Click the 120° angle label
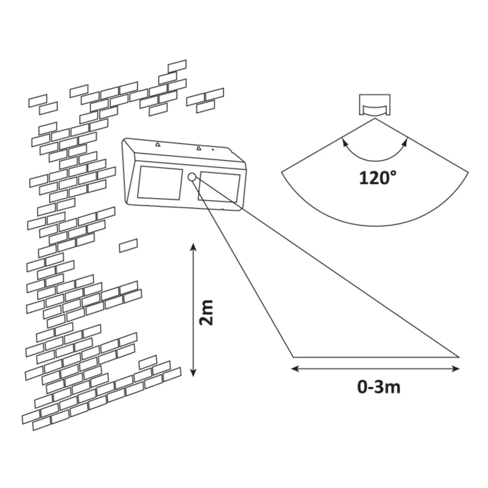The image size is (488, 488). pyautogui.click(x=378, y=178)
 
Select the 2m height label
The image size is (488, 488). pyautogui.click(x=207, y=313)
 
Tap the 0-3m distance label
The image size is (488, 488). pyautogui.click(x=379, y=387)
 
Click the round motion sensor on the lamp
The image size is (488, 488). pyautogui.click(x=192, y=177)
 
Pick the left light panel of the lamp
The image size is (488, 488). pyautogui.click(x=160, y=184)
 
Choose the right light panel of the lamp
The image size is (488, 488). pyautogui.click(x=219, y=188)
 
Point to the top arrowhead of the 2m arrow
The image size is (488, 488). pyautogui.click(x=193, y=247)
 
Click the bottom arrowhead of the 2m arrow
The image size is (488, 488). pyautogui.click(x=193, y=373)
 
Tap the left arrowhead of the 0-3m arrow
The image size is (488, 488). pyautogui.click(x=295, y=369)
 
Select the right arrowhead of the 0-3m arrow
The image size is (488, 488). pyautogui.click(x=455, y=369)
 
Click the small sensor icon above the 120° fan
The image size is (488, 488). pyautogui.click(x=375, y=105)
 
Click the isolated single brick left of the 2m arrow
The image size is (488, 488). pyautogui.click(x=129, y=246)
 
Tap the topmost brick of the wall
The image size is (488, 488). pyautogui.click(x=177, y=66)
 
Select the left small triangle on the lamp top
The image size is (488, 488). pyautogui.click(x=158, y=144)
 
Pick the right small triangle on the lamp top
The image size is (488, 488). pyautogui.click(x=198, y=147)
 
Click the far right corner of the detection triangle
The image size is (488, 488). pyautogui.click(x=459, y=357)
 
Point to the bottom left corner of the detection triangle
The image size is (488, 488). pyautogui.click(x=293, y=357)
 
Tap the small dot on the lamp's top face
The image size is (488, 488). pyautogui.click(x=213, y=150)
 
